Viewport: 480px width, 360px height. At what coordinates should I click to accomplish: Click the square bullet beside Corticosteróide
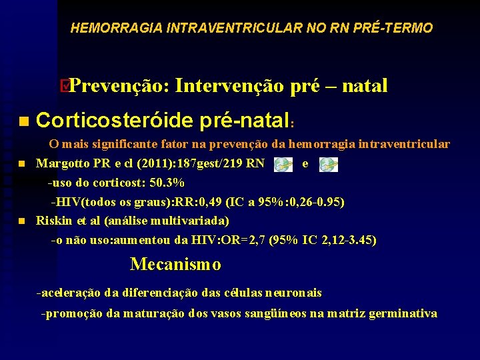tap(23, 121)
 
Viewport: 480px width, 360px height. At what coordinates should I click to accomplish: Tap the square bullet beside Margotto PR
tap(22, 163)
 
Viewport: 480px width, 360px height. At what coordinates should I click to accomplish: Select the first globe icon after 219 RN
tap(283, 165)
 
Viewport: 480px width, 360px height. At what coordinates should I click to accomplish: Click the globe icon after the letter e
tap(327, 165)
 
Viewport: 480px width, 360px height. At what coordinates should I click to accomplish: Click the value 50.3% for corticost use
tap(168, 183)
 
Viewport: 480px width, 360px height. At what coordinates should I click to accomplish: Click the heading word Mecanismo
tap(175, 265)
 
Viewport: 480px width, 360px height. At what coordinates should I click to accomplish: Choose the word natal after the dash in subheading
tap(364, 86)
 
